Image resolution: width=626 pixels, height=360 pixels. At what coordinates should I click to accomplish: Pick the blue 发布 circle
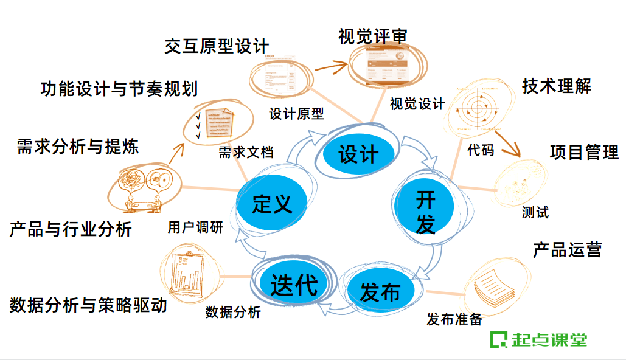tap(380, 292)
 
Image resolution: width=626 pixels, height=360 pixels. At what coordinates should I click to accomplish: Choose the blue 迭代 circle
tap(294, 283)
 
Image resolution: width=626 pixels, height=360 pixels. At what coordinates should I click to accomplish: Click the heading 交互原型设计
tap(217, 46)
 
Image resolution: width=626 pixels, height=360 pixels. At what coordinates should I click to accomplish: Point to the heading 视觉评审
tap(373, 36)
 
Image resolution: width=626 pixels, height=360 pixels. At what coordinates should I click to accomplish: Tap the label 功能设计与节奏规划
tap(119, 89)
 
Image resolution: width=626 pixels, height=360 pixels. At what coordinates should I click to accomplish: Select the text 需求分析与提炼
tap(78, 147)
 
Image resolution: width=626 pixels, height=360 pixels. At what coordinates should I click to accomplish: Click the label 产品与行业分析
tap(71, 229)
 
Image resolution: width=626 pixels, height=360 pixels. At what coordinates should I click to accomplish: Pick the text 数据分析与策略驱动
tap(88, 305)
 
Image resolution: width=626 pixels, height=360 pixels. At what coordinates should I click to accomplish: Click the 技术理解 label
tap(557, 86)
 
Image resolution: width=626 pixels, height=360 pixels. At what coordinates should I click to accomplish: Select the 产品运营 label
tap(567, 249)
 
